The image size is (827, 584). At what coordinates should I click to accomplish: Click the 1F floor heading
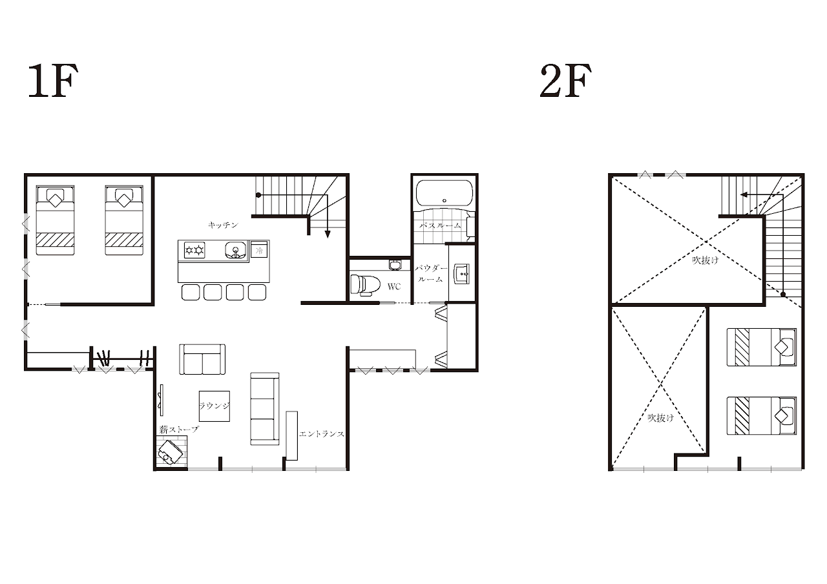point(53,81)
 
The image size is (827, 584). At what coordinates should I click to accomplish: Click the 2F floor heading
point(565,81)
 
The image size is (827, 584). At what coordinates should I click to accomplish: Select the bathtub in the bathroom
point(444,193)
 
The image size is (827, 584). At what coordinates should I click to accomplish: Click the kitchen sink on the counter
point(236,251)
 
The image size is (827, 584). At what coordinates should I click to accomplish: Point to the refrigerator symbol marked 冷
point(259,251)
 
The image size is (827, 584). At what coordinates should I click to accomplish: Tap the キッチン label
point(223,225)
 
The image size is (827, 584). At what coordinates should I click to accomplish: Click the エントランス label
point(322,434)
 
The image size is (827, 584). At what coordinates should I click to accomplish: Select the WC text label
point(394,286)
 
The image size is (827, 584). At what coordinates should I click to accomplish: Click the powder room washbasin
point(461,275)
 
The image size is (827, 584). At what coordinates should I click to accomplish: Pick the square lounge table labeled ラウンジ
point(214,406)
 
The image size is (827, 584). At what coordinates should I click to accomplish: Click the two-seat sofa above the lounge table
point(202,359)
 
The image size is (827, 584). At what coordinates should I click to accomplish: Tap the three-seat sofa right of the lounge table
point(265,408)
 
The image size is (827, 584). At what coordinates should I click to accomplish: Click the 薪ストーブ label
point(179,430)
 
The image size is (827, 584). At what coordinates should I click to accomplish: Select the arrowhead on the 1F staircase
point(328,235)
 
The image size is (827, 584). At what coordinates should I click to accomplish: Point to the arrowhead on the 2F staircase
point(744,194)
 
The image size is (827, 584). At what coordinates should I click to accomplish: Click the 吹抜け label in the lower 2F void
point(661,418)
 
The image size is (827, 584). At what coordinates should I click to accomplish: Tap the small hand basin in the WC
point(394,265)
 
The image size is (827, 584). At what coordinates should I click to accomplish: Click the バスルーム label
point(441,225)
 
